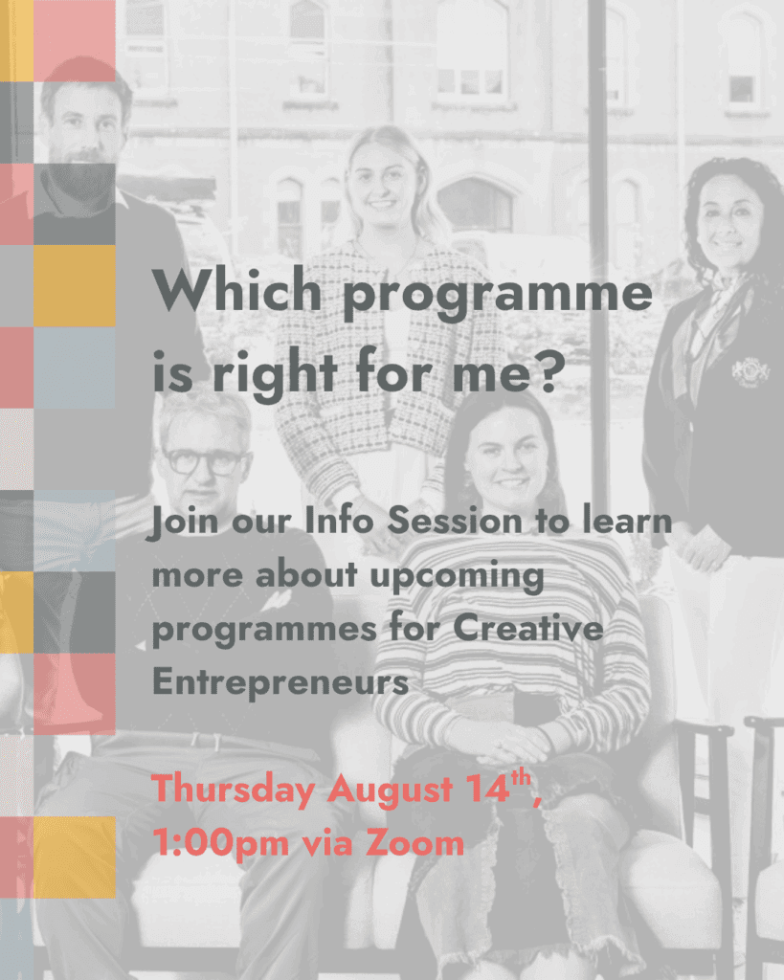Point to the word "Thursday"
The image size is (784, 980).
tap(234, 789)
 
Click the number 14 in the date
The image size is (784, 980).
tap(487, 789)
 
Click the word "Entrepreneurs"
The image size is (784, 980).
tap(280, 681)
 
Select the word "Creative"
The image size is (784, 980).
tap(528, 627)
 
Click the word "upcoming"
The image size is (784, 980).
tap(457, 576)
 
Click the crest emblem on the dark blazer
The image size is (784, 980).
tap(750, 372)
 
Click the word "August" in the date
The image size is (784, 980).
tap(390, 790)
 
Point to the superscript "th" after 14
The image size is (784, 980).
tap(521, 778)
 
